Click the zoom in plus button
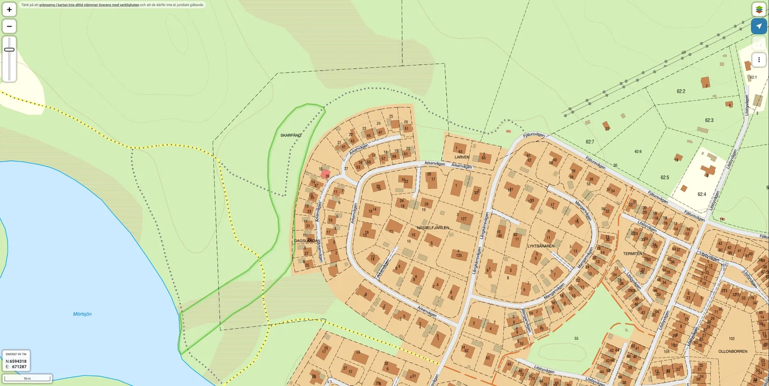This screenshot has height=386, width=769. (x=9, y=9)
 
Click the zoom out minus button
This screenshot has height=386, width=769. (x=9, y=26)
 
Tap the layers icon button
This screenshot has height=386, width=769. (x=759, y=9)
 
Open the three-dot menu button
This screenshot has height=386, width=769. (x=759, y=60)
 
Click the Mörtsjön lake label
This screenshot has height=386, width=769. (x=82, y=314)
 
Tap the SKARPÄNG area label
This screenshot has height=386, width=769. (x=291, y=135)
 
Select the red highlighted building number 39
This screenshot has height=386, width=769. (x=326, y=175)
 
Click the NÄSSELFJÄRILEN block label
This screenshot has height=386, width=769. (x=433, y=228)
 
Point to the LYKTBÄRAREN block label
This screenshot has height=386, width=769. (x=541, y=246)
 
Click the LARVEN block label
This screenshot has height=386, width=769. (x=462, y=157)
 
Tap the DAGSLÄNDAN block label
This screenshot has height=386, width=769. (x=307, y=241)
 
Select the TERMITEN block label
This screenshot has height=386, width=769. (x=632, y=254)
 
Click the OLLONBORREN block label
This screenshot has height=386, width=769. (x=733, y=352)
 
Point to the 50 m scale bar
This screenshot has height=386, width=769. (x=27, y=379)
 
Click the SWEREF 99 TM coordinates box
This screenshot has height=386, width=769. (x=16, y=360)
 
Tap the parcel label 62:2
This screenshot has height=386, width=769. (x=681, y=91)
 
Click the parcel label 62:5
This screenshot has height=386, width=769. (x=665, y=177)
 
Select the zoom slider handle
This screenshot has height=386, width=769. (x=9, y=49)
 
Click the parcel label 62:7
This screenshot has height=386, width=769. (x=590, y=142)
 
